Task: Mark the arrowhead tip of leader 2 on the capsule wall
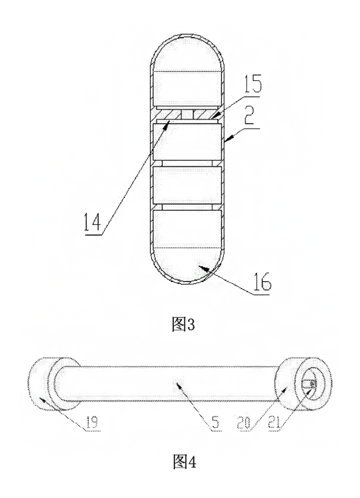[224, 140]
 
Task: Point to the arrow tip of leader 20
[287, 388]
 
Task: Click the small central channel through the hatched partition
[187, 114]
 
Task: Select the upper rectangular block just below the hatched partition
[187, 142]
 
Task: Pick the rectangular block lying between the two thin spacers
[187, 185]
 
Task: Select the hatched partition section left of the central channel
[168, 114]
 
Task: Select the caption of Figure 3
[183, 325]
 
